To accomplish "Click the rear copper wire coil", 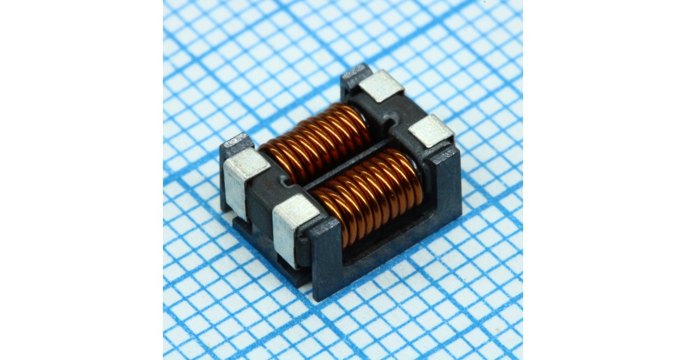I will point(317,142).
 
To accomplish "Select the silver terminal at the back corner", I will point(381,86).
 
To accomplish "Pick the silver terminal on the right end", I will point(432,130).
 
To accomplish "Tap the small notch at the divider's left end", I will point(286,182).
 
